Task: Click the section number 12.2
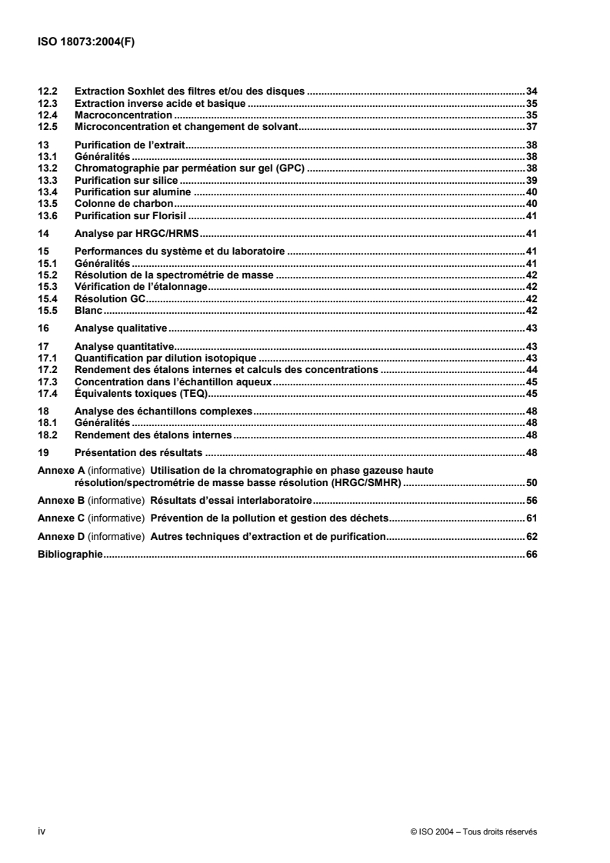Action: [48, 92]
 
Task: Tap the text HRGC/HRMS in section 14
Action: [169, 233]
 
